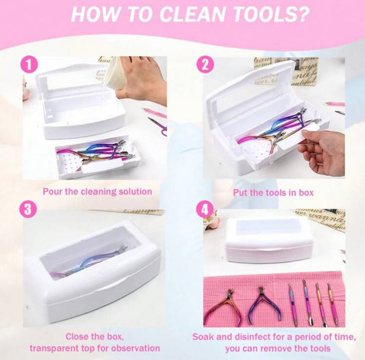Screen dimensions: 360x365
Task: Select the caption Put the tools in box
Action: [274, 192]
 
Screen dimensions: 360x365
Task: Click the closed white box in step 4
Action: [268, 240]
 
